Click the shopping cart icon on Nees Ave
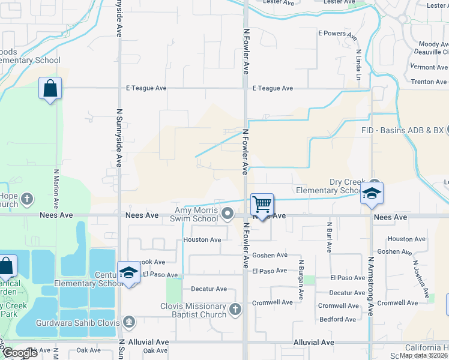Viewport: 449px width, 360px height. tap(262, 205)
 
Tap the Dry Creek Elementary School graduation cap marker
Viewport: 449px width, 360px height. tap(372, 193)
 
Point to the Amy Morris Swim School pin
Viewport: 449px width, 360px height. tap(228, 214)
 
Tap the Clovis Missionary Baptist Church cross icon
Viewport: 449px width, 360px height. tap(235, 310)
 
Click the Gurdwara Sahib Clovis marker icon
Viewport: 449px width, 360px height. tap(128, 322)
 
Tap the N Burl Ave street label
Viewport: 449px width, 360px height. tap(329, 237)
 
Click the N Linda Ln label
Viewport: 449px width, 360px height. tap(358, 64)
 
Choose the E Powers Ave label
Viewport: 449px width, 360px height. tap(337, 34)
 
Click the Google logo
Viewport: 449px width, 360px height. tap(20, 353)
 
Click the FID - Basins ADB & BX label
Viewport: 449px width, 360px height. tap(402, 130)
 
